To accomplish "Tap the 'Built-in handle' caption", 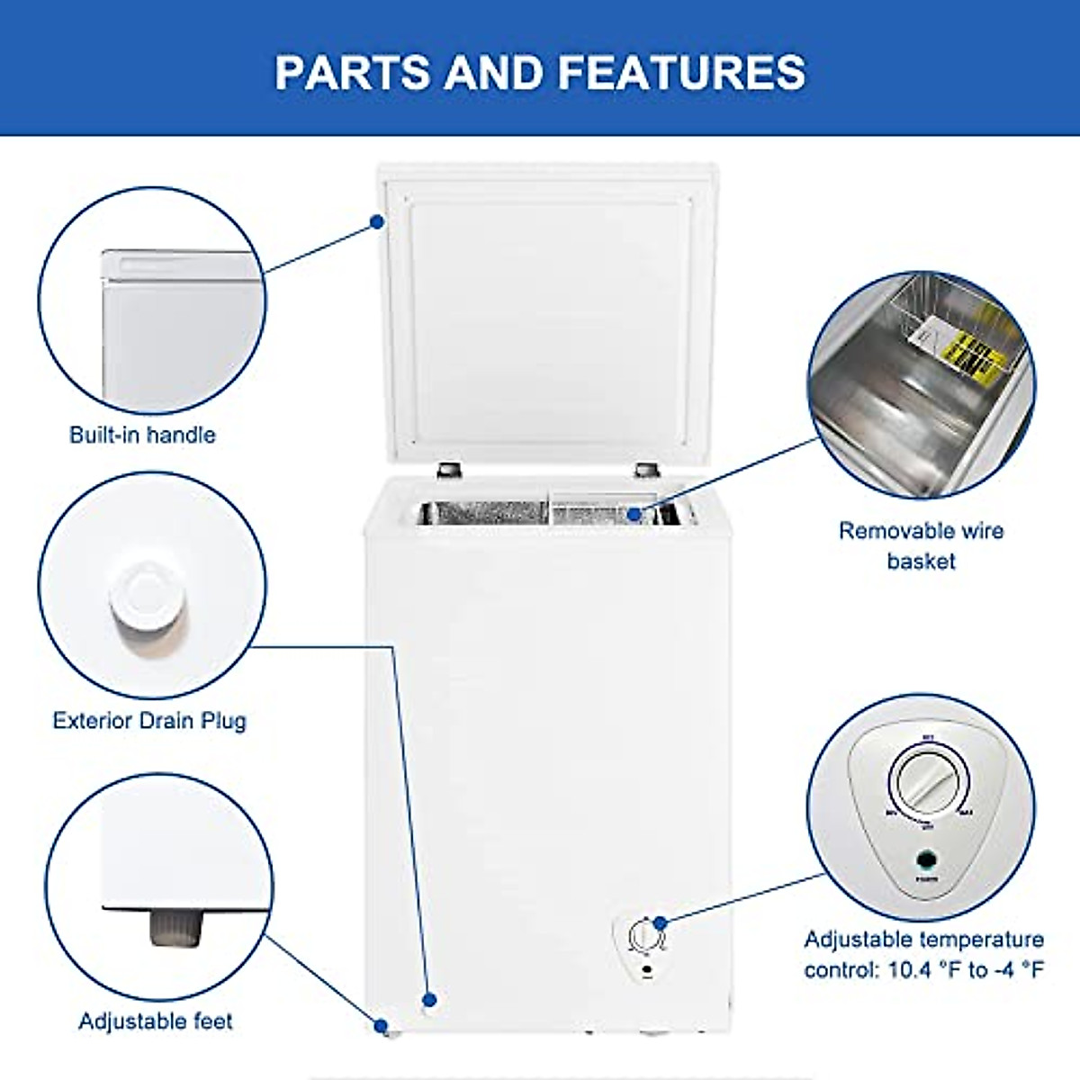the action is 142,435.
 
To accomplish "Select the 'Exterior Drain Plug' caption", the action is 148,720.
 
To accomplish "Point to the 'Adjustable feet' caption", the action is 155,1021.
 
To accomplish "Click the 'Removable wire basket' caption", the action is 921,545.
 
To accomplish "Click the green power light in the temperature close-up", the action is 925,858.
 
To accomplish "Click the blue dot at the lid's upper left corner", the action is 378,221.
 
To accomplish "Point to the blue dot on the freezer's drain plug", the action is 430,999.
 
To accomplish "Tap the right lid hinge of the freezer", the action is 645,470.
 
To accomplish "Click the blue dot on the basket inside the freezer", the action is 634,514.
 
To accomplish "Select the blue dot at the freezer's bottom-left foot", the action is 381,1025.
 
